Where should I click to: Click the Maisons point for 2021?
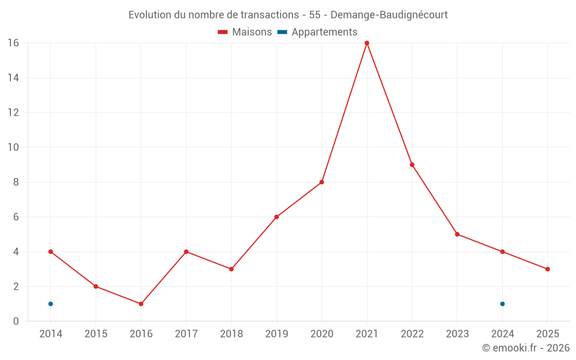(367, 43)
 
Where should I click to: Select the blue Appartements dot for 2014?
(51, 304)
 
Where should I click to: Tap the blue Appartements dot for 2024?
(502, 304)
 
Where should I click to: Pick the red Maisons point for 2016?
(141, 304)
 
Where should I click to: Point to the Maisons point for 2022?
(412, 165)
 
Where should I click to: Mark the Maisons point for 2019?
(276, 217)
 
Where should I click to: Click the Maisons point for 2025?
(547, 269)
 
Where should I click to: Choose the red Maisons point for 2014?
(51, 252)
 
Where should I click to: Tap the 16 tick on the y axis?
(13, 43)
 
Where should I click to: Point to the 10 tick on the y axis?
(13, 147)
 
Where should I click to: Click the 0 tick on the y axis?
(16, 321)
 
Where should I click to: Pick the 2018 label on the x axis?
(232, 334)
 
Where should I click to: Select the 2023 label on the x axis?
(457, 334)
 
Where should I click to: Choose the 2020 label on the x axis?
(321, 334)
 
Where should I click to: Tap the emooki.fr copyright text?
(526, 348)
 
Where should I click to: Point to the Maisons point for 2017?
(186, 252)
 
